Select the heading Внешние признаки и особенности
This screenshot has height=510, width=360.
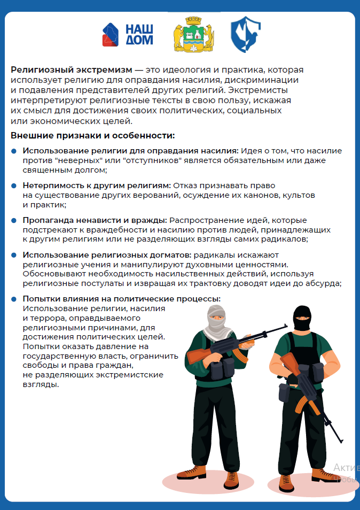click(x=93, y=136)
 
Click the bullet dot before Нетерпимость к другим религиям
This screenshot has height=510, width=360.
click(x=14, y=186)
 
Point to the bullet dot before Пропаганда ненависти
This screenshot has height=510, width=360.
click(x=14, y=220)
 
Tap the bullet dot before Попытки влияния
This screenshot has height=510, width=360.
click(x=14, y=299)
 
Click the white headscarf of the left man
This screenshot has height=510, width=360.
click(x=216, y=326)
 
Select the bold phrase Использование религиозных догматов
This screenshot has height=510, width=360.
click(x=107, y=255)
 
